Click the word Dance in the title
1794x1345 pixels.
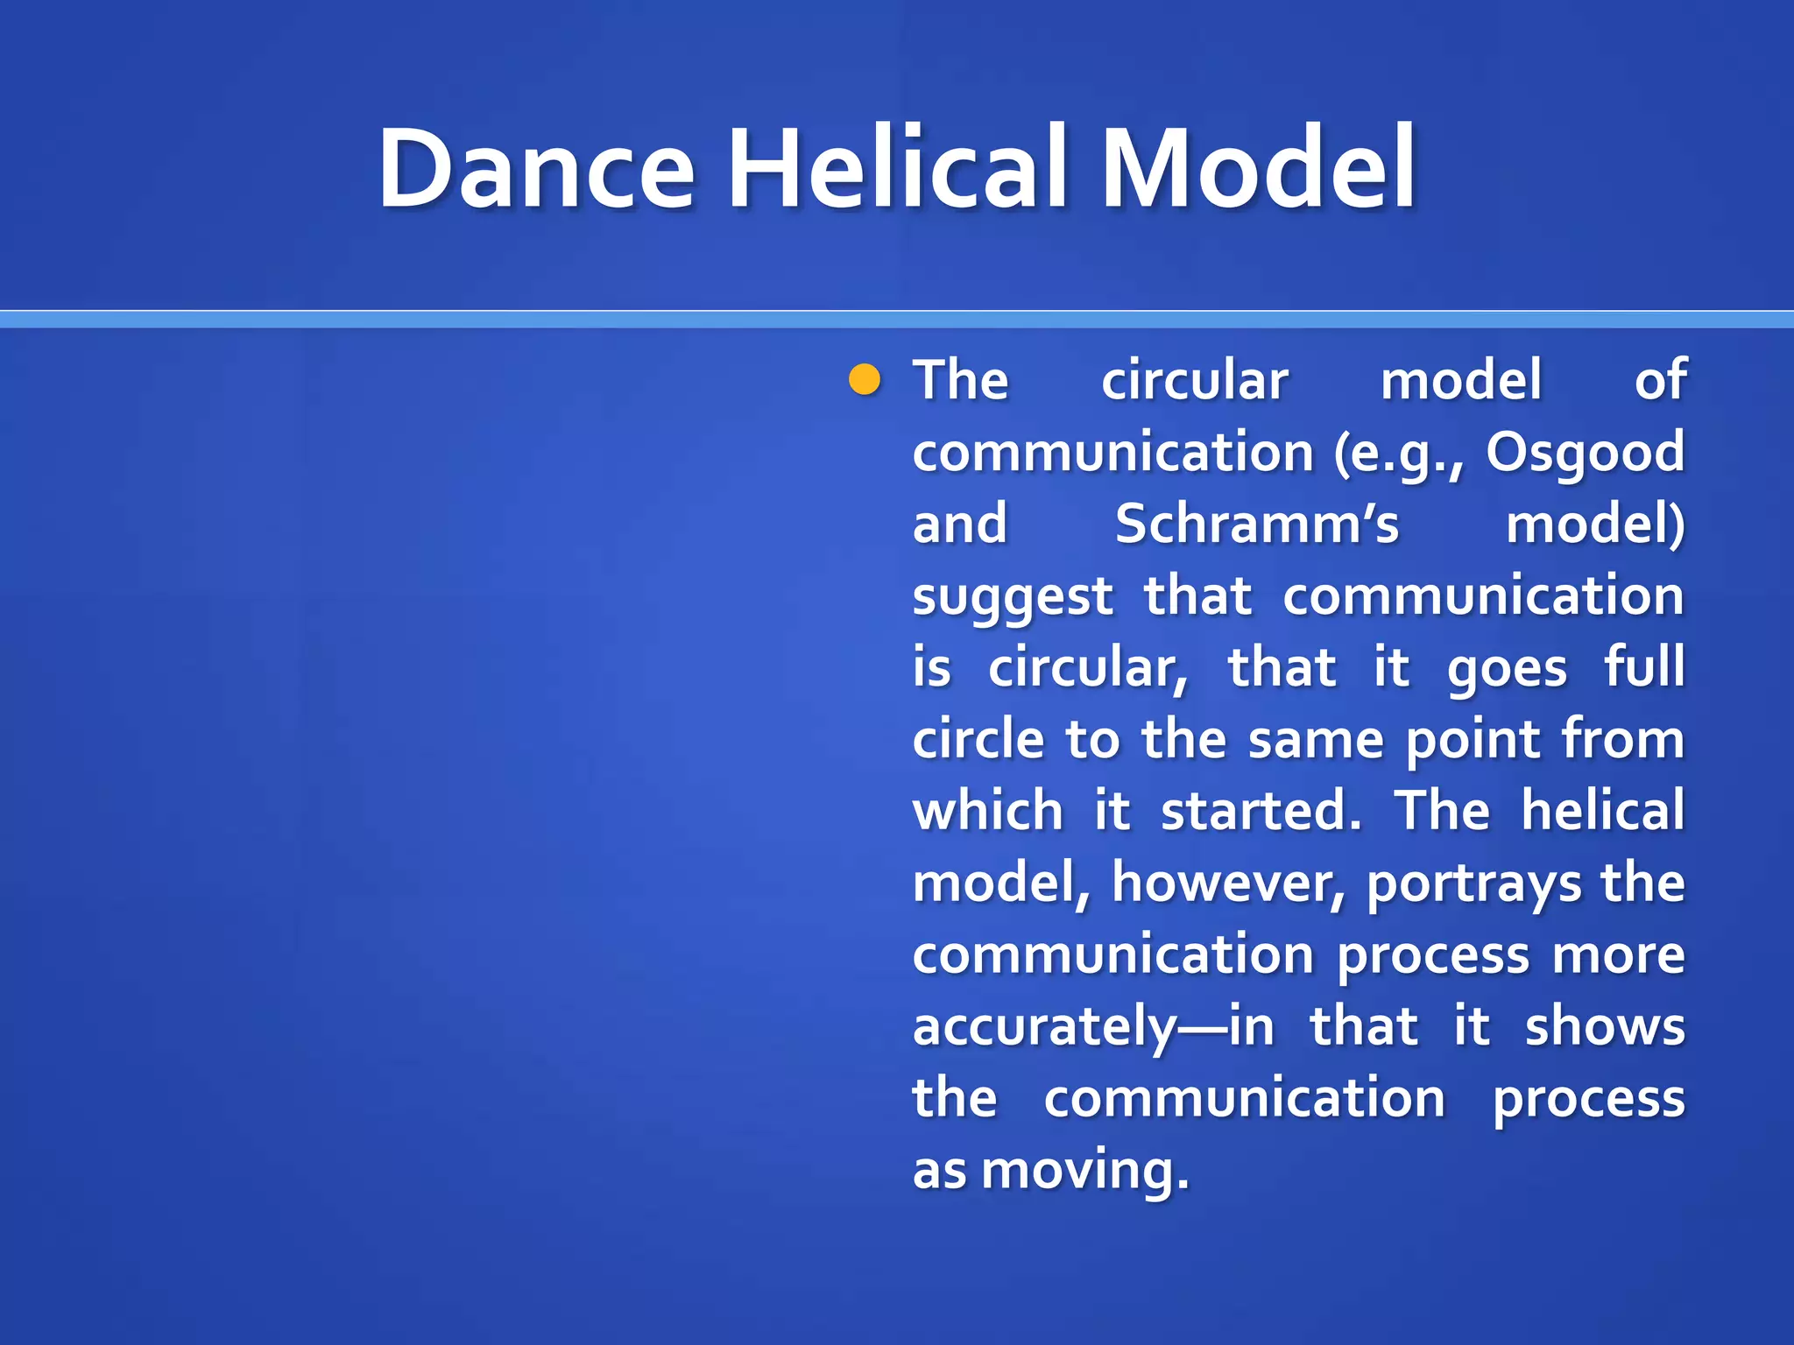536,168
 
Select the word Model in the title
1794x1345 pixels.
1258,168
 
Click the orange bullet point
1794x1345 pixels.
865,380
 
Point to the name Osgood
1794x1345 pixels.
1585,453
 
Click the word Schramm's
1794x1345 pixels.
1257,525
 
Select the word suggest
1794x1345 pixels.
1013,598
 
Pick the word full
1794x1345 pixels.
1644,667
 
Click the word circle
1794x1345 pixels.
978,740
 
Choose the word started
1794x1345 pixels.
1261,811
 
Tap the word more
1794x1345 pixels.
1618,955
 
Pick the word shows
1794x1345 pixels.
1605,1027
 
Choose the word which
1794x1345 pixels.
987,811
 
